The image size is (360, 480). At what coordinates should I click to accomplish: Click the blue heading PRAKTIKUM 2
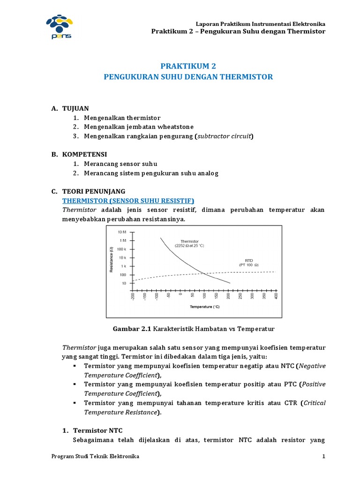187,66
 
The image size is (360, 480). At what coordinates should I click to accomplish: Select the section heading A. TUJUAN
70,108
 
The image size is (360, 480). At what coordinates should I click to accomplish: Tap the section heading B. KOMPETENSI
79,154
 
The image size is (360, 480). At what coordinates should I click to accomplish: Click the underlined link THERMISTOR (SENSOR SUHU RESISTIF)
128,200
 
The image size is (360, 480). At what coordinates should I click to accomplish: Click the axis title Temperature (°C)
205,307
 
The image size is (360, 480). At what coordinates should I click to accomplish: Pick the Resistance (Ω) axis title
111,261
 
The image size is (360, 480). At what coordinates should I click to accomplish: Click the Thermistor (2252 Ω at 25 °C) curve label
190,244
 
